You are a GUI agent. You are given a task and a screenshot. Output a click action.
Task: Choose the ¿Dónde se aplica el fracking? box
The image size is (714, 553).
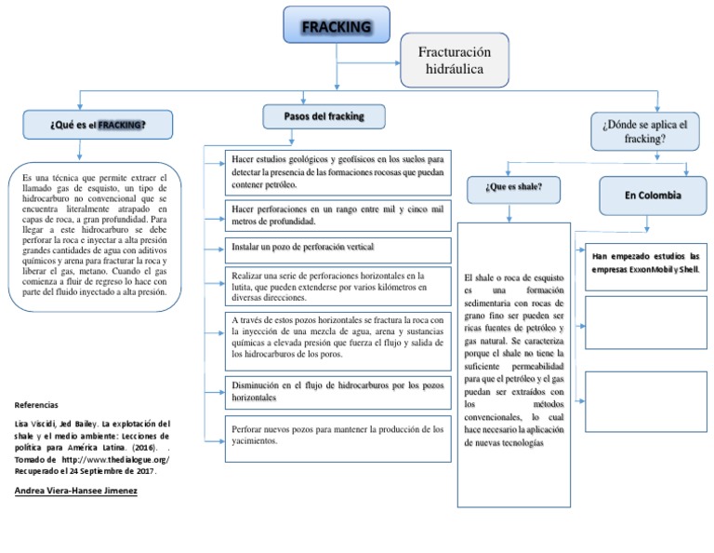coord(644,131)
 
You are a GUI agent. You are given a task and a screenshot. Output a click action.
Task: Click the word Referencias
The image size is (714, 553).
coord(37,406)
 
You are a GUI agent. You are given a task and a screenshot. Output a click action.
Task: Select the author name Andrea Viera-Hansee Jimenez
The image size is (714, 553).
coord(77,490)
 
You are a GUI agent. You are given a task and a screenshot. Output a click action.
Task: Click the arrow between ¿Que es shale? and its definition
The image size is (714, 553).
coord(509,212)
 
